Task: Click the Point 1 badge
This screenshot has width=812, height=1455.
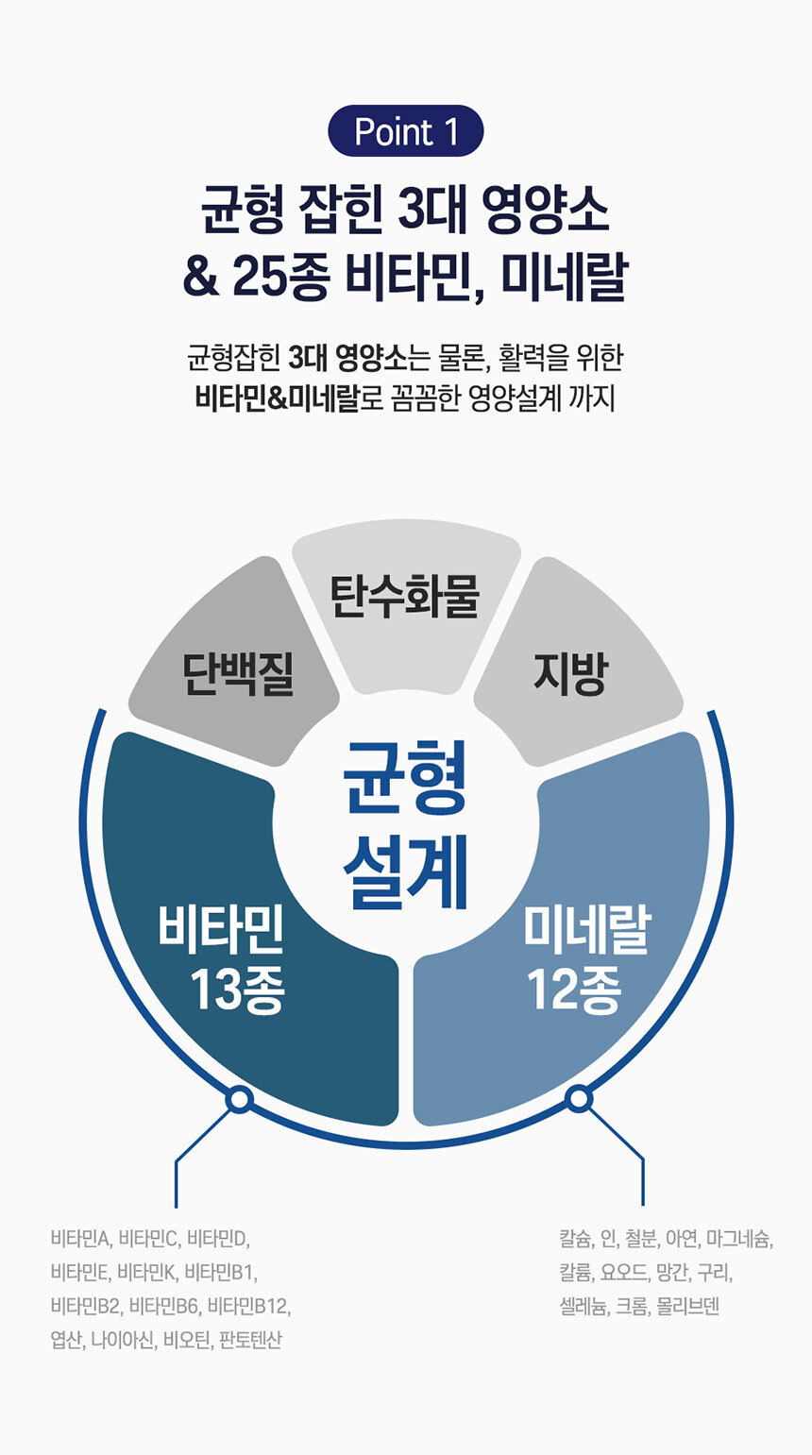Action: click(x=405, y=131)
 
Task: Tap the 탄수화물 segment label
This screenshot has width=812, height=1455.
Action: click(x=405, y=597)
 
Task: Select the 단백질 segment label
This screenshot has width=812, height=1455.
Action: click(x=239, y=674)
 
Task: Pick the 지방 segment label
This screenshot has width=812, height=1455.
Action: click(x=570, y=674)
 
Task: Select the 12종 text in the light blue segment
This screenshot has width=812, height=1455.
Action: click(x=573, y=990)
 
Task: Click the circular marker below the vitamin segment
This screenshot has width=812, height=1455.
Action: click(x=239, y=1099)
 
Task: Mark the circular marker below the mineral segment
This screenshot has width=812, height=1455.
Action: click(x=579, y=1098)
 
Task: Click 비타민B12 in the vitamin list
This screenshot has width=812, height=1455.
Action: click(x=249, y=1306)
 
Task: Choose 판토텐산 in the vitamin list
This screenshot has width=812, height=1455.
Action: click(x=250, y=1340)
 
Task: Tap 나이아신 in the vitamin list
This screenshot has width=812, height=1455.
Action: click(x=122, y=1340)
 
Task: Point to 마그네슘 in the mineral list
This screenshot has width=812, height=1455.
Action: click(x=740, y=1238)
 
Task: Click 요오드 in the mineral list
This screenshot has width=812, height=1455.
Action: click(x=624, y=1272)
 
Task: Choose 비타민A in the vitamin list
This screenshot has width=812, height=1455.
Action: click(x=81, y=1238)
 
